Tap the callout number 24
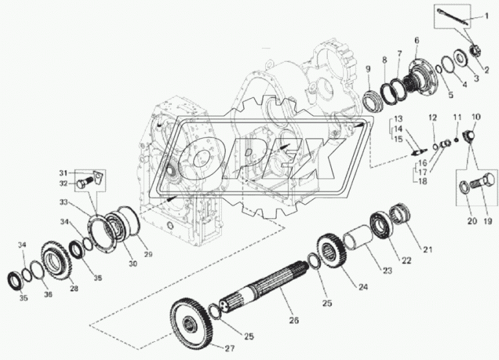pos(363,287)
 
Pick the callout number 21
pos(428,249)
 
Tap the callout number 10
pos(476,117)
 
